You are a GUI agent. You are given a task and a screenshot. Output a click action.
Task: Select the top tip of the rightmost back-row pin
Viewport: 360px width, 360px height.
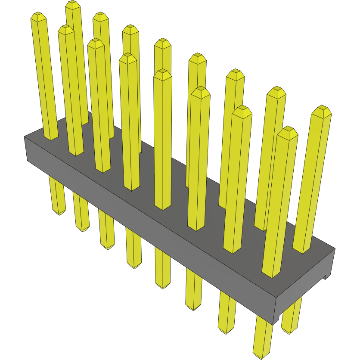tap(322, 108)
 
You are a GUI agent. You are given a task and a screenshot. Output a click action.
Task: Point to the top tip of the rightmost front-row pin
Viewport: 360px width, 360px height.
tap(288, 129)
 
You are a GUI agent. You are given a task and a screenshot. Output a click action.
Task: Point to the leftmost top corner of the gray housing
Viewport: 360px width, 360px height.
tap(24, 137)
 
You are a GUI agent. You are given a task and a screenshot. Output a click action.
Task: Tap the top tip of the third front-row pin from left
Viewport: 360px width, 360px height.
tap(95, 42)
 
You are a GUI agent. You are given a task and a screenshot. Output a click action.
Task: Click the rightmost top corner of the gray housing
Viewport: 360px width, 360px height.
tap(335, 248)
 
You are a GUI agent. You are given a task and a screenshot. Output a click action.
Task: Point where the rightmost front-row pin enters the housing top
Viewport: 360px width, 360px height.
tap(271, 275)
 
